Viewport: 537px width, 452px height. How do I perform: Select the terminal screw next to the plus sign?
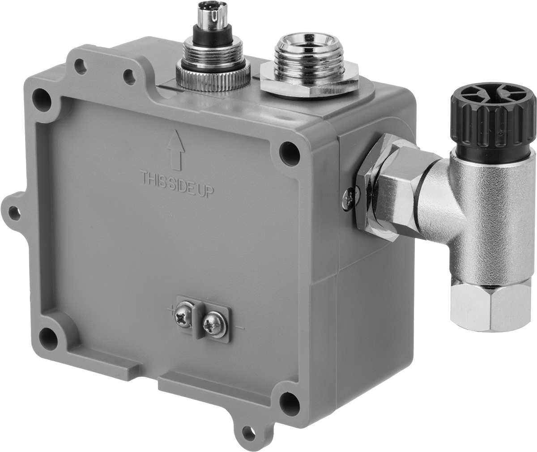[184, 318]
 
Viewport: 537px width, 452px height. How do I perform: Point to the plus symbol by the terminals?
[171, 311]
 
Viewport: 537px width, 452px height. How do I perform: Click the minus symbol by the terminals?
[240, 328]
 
